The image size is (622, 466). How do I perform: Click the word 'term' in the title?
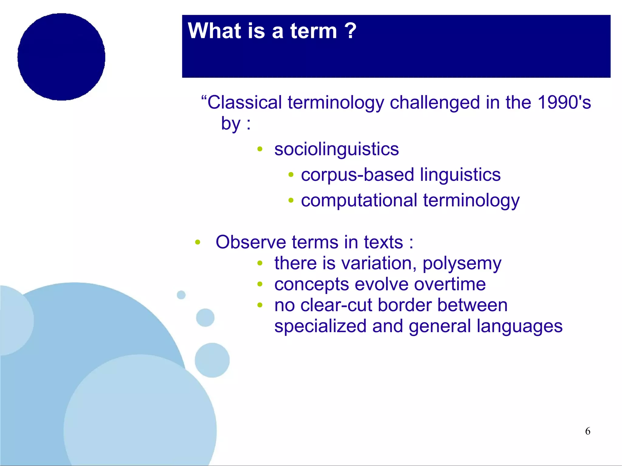313,31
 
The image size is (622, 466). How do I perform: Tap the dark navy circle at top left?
61,57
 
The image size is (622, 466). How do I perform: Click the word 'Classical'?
244,102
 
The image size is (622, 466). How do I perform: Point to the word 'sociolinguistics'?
336,149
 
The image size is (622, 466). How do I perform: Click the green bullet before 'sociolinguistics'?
260,149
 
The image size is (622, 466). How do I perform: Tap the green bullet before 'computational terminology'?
291,200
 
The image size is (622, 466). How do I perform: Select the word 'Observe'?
251,242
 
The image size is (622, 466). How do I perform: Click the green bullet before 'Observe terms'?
198,242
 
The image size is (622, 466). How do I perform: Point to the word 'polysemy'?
462,264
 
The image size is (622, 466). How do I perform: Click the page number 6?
587,431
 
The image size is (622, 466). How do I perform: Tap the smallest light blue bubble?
181,295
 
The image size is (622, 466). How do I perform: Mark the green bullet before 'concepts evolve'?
260,284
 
